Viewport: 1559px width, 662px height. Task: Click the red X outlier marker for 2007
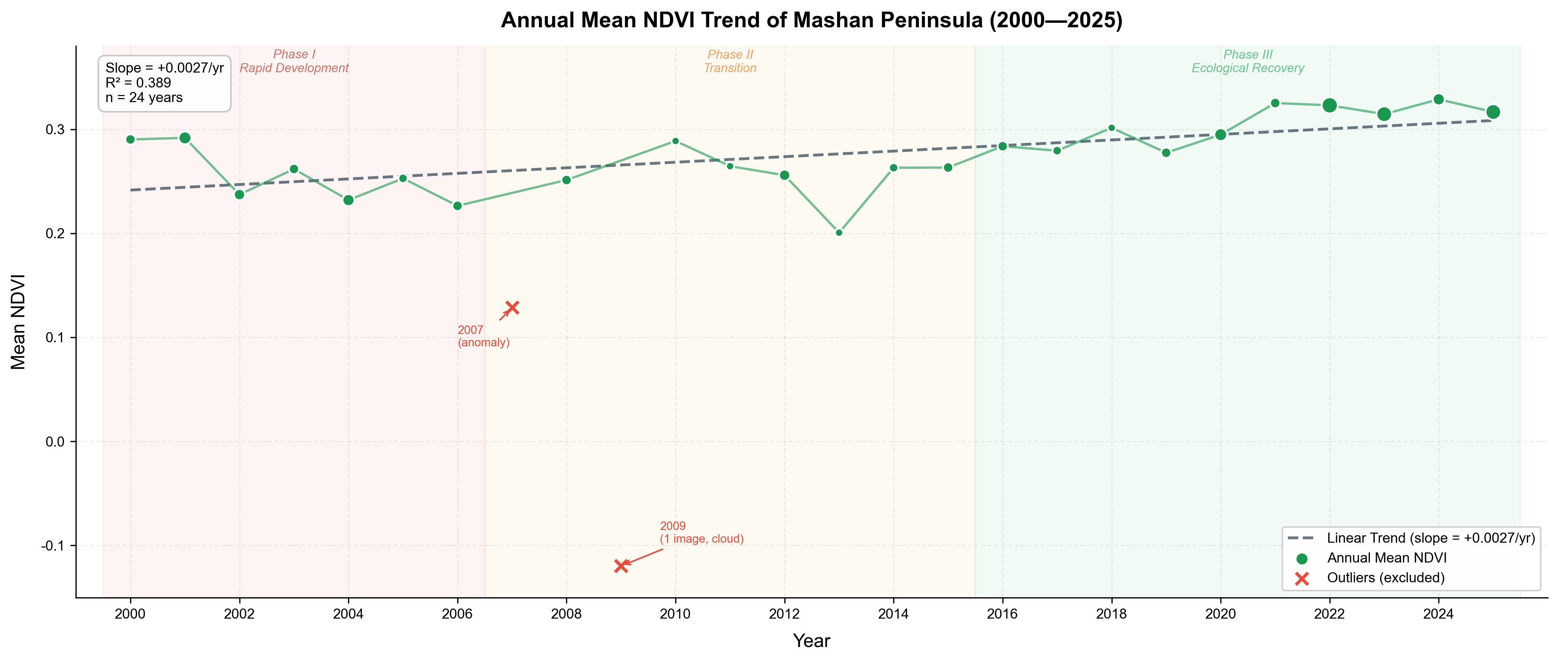click(x=512, y=308)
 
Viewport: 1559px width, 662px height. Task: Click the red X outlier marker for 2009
click(x=621, y=566)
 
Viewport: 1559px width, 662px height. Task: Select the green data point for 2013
click(x=839, y=233)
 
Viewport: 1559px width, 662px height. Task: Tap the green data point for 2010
click(x=676, y=141)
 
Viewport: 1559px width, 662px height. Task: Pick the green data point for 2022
click(x=1329, y=105)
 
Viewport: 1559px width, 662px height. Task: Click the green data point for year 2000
click(x=130, y=139)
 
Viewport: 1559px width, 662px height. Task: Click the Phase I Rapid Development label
click(x=294, y=61)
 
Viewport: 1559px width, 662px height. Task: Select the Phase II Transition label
click(x=730, y=61)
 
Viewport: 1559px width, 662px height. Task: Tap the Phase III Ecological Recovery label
click(x=1248, y=61)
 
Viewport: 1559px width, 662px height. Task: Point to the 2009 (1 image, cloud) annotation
click(x=701, y=532)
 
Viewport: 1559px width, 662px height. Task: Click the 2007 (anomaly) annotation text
click(x=483, y=336)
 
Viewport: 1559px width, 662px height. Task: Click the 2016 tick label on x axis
click(x=1002, y=614)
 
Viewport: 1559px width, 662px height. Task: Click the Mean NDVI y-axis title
click(x=18, y=322)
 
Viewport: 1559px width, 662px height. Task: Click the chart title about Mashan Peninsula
click(x=812, y=21)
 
